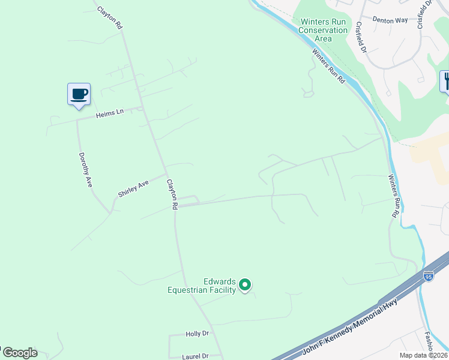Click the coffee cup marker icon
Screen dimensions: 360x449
[79, 94]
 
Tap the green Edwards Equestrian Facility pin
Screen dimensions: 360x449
[245, 284]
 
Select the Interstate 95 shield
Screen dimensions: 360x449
[428, 276]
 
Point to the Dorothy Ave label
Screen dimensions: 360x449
[85, 170]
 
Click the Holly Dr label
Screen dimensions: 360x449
[197, 334]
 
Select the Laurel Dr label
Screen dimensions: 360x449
[196, 356]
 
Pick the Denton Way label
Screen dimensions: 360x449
[390, 20]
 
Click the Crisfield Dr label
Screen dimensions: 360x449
[360, 37]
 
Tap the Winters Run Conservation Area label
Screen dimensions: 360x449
[323, 30]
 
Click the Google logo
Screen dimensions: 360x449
[19, 353]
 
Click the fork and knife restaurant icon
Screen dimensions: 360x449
[445, 80]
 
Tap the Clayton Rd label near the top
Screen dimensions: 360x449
[110, 16]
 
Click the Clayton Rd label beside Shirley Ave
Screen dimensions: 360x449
[172, 194]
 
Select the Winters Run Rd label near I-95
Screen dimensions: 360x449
[394, 196]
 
